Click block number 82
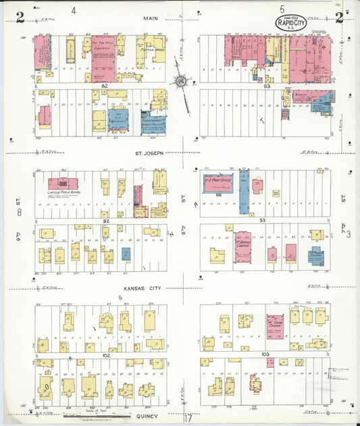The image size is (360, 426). coord(105,86)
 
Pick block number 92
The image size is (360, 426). coord(105,221)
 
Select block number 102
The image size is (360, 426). coord(105,354)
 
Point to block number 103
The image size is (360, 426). coord(265,354)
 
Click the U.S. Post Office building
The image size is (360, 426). coord(218,183)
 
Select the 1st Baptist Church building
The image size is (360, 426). coord(242,246)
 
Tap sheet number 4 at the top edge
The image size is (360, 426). coord(74,10)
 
